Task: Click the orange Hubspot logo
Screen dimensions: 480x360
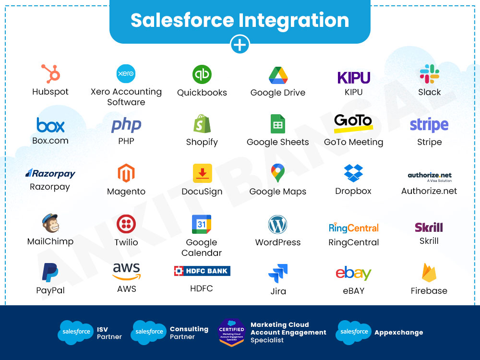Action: [51, 74]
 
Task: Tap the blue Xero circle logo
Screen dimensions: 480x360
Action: [126, 73]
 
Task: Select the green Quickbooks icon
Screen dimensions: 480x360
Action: [202, 74]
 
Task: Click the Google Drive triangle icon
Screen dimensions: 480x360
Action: [278, 75]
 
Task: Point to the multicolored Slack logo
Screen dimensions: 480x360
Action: [429, 74]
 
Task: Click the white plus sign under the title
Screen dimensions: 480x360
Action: [240, 45]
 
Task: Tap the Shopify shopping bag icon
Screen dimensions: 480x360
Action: [202, 124]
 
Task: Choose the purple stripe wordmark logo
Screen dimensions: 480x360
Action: [429, 125]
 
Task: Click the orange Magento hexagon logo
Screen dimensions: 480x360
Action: [126, 173]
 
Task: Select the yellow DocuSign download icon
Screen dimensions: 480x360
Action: [203, 173]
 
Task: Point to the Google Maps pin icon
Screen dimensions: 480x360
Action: [277, 173]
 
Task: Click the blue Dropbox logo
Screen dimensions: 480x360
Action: [353, 173]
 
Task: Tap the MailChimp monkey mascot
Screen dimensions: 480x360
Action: [50, 223]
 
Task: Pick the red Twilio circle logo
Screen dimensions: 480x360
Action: [126, 224]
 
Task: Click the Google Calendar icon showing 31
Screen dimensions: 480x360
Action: [202, 224]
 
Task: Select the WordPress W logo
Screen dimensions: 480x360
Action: [277, 224]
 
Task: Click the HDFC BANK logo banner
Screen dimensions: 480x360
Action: [202, 271]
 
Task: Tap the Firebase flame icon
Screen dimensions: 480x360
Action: [429, 273]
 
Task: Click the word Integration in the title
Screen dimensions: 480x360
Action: [294, 20]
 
